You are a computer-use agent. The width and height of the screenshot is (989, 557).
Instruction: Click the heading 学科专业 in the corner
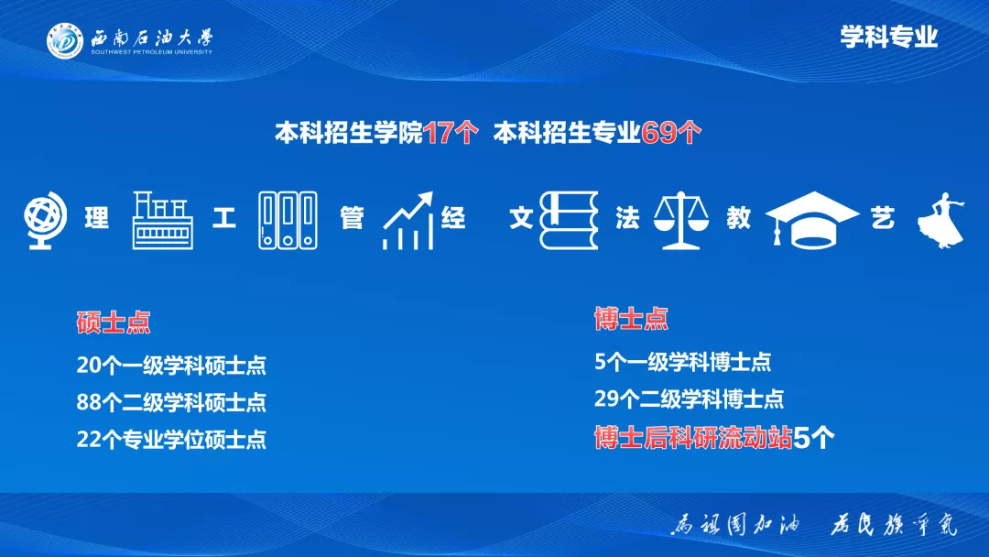(x=888, y=37)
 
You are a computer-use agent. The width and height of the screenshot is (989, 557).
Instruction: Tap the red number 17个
(x=451, y=133)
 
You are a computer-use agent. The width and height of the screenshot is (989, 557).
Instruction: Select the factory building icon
(x=163, y=221)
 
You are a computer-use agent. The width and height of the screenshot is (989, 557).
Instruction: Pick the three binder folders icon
(x=288, y=221)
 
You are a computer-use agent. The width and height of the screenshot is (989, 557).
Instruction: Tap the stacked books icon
(x=568, y=221)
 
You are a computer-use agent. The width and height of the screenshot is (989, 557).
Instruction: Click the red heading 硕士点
(x=114, y=322)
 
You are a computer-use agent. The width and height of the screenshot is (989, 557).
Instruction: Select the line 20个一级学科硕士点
(x=171, y=365)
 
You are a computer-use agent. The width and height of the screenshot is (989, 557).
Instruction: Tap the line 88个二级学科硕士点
(x=171, y=402)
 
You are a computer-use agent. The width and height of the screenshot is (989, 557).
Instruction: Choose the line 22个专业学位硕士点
(x=171, y=439)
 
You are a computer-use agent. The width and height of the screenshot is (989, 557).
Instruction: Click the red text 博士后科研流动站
(x=692, y=438)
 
